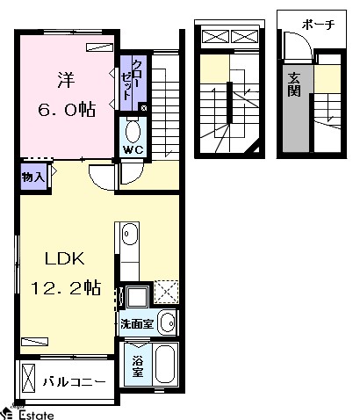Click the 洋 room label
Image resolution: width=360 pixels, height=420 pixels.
(x=66, y=80)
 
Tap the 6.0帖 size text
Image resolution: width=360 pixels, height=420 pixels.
(x=67, y=109)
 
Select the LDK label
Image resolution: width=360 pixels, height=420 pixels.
(x=65, y=258)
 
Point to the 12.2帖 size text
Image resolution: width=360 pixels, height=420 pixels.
(x=66, y=287)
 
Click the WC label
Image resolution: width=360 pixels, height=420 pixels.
(x=133, y=150)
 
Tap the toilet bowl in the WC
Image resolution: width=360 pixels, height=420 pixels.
(x=133, y=132)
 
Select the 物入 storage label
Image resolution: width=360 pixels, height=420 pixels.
(x=33, y=177)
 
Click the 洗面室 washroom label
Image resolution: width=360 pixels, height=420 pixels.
(x=137, y=323)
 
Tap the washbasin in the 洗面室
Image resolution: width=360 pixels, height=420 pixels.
(x=168, y=322)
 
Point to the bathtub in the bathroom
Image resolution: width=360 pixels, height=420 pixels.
(x=165, y=365)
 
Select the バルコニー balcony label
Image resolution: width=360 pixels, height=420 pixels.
(x=75, y=381)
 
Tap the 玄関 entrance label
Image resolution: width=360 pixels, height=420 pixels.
(x=294, y=84)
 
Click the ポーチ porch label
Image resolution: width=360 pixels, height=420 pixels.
(x=318, y=25)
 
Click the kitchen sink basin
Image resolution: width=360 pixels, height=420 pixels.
(x=130, y=234)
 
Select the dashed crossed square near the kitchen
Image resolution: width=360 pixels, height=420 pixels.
(x=166, y=292)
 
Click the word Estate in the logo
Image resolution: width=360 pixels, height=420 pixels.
(x=37, y=415)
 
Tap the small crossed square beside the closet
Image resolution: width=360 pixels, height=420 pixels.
(x=144, y=108)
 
